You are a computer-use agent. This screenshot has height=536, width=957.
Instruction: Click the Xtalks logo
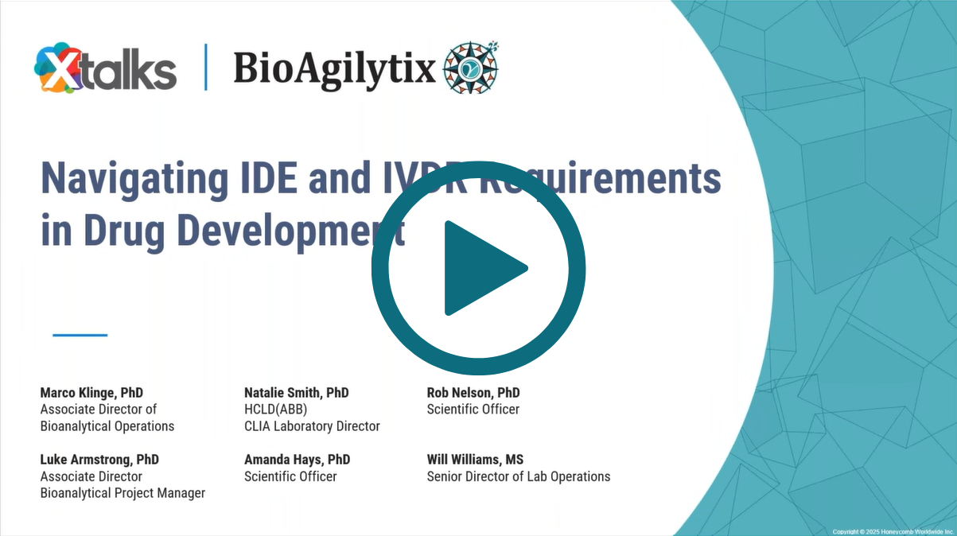(105, 68)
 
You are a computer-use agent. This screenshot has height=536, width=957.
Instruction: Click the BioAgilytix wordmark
(334, 68)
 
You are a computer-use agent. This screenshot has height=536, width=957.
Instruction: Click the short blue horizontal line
(80, 335)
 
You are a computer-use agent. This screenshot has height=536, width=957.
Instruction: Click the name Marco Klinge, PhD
(91, 393)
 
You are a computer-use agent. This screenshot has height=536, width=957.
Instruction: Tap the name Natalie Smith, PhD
(296, 393)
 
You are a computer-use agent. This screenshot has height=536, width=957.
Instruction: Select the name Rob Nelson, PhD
(473, 393)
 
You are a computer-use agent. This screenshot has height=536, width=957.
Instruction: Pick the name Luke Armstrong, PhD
(99, 460)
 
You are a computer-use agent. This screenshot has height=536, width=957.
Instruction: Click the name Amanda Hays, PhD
(297, 460)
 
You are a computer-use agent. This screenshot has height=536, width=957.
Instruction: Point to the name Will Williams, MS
(475, 460)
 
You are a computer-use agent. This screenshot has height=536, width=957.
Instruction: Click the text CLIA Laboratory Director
(312, 426)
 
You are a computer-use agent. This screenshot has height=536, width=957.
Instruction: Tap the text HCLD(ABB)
(275, 410)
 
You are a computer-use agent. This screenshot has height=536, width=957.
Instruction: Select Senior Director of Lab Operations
(519, 476)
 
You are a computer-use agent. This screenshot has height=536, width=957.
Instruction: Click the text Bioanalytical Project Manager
(123, 493)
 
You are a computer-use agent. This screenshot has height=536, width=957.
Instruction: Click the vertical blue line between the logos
(206, 68)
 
